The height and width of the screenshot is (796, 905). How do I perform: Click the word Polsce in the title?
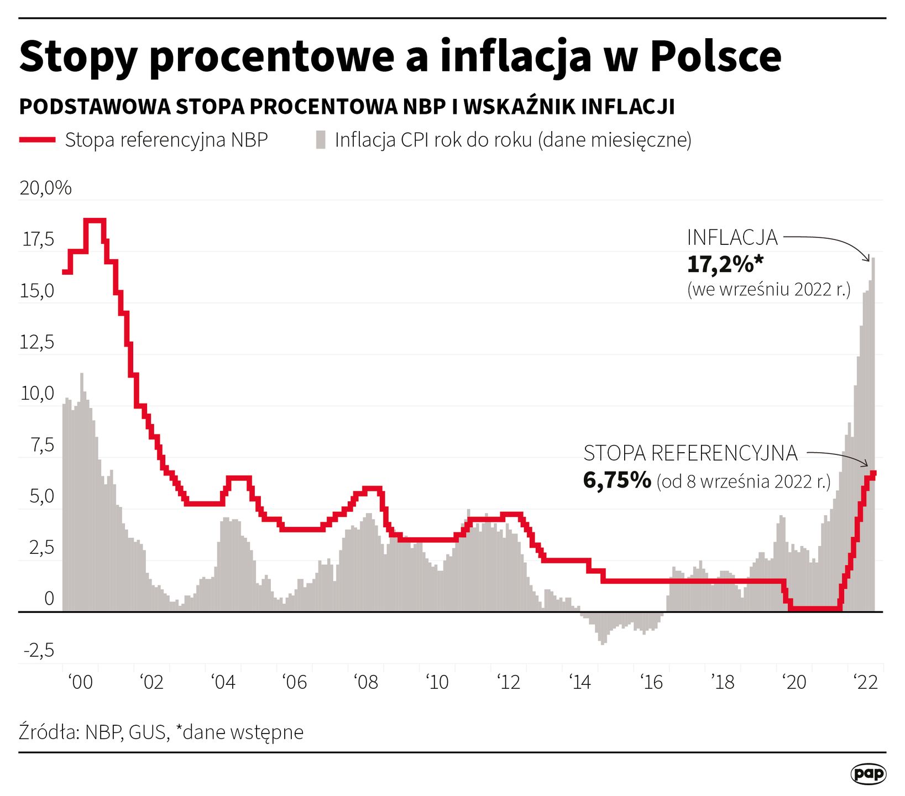[x=716, y=56]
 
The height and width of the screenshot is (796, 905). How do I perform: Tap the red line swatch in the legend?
[x=37, y=140]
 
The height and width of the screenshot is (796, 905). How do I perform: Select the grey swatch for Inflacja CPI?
[x=321, y=140]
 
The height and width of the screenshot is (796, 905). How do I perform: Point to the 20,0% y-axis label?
[x=45, y=188]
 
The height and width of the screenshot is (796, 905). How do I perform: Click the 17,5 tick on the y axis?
[x=38, y=239]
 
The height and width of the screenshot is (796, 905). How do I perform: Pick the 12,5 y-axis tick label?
[x=37, y=342]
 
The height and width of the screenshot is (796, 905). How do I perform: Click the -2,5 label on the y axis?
[x=39, y=650]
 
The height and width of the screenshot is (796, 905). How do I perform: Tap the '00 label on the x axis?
[x=81, y=682]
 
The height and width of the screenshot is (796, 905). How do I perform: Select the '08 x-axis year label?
[x=366, y=682]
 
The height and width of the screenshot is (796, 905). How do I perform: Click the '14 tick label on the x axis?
[x=580, y=682]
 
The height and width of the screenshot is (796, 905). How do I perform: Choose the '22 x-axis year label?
[x=866, y=682]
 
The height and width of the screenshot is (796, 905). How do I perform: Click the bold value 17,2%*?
[x=725, y=265]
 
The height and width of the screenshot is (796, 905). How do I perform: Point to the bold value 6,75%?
[x=617, y=480]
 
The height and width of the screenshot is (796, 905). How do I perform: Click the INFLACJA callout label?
[x=732, y=238]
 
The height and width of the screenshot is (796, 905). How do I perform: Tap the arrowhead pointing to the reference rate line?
[x=866, y=464]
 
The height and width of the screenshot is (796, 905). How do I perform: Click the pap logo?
[x=868, y=774]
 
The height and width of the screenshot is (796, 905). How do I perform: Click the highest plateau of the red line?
[x=95, y=221]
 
